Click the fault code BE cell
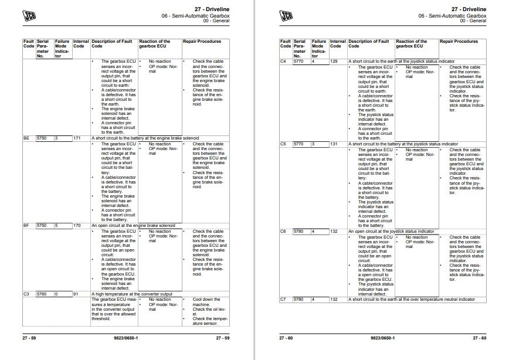pyautogui.click(x=26, y=138)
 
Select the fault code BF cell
pyautogui.click(x=26, y=225)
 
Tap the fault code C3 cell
pyautogui.click(x=26, y=293)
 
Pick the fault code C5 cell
pyautogui.click(x=283, y=144)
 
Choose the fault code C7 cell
pyautogui.click(x=283, y=300)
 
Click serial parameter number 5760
pyautogui.click(x=42, y=293)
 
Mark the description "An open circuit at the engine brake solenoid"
pyautogui.click(x=134, y=225)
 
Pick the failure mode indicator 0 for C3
pyautogui.click(x=57, y=293)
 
